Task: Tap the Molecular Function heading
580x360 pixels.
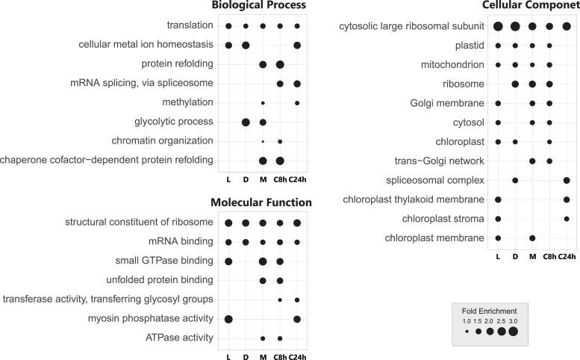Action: (x=261, y=202)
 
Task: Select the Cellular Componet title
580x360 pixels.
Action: (x=531, y=6)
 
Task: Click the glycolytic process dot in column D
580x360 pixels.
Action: (x=246, y=122)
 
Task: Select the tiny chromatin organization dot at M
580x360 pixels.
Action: (x=263, y=141)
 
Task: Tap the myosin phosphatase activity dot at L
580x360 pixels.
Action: (x=228, y=319)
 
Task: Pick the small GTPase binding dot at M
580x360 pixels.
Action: (x=263, y=261)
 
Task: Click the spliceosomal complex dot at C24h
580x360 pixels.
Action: (x=567, y=180)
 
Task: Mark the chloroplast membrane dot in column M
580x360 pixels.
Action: (x=532, y=238)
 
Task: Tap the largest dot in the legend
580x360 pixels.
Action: (x=513, y=332)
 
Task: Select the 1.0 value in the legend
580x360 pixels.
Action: (x=467, y=320)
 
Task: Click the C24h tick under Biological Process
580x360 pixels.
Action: (x=297, y=179)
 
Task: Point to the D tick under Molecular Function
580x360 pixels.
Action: (x=246, y=357)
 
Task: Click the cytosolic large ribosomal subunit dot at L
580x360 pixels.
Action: (x=498, y=27)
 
